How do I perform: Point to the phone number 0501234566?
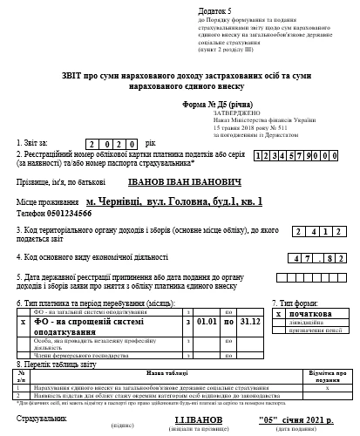pos(65,212)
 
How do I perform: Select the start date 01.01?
pos(206,321)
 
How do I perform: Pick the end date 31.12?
pos(252,321)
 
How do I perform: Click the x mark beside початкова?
pos(278,312)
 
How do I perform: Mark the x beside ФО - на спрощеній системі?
pos(22,321)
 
